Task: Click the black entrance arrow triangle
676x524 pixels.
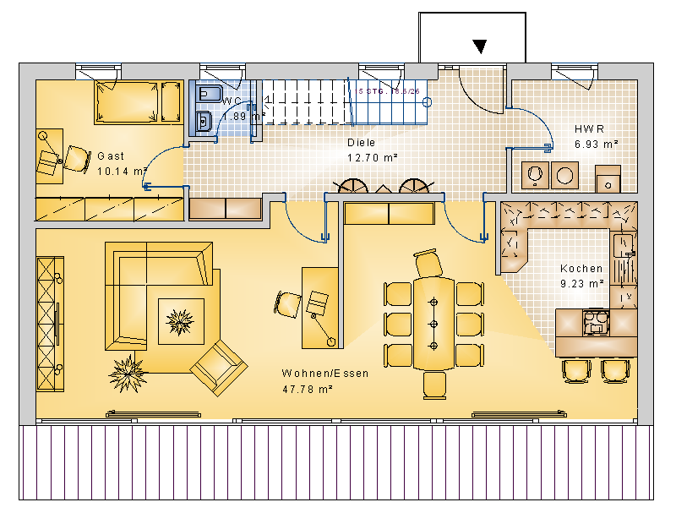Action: click(x=481, y=46)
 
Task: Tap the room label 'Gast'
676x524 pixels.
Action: click(x=111, y=156)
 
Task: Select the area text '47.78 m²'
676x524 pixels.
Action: click(x=308, y=389)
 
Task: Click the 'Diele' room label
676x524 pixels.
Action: click(x=361, y=143)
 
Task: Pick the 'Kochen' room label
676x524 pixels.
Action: click(x=581, y=269)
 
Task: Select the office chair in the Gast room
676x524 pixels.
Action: click(x=77, y=158)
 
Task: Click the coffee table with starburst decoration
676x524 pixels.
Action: click(x=180, y=321)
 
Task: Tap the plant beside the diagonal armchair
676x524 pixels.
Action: click(x=128, y=370)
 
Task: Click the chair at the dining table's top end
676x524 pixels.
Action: click(x=428, y=263)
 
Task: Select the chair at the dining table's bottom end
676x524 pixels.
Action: click(x=433, y=385)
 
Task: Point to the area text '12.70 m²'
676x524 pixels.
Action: click(x=373, y=157)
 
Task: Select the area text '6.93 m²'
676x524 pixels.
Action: click(x=597, y=145)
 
